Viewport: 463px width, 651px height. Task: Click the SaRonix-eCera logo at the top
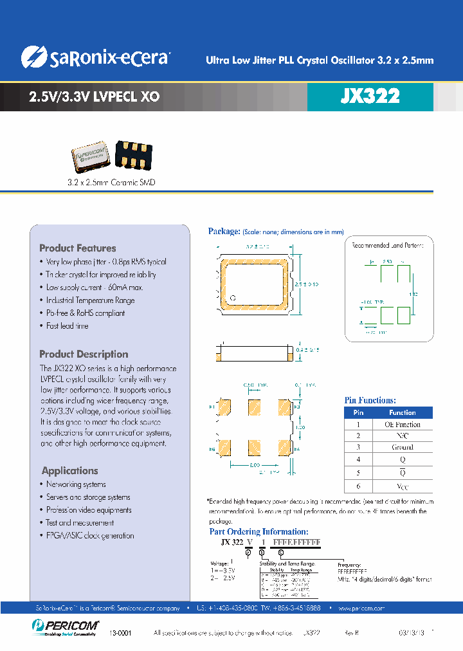(x=95, y=57)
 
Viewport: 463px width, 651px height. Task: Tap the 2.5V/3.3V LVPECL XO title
(x=95, y=97)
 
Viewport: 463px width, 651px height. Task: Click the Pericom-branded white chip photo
(x=91, y=157)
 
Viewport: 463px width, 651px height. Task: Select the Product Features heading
(x=78, y=248)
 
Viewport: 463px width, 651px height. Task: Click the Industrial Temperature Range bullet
(x=90, y=300)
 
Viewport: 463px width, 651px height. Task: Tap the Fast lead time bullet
(x=67, y=326)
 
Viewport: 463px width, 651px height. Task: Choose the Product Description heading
(x=84, y=354)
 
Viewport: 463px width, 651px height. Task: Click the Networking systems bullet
(x=76, y=484)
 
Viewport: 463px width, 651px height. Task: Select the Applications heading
(x=70, y=470)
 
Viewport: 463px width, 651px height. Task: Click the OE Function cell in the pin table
(x=402, y=425)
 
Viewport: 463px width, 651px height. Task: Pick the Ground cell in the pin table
(x=402, y=447)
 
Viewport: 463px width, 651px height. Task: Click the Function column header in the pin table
(x=402, y=412)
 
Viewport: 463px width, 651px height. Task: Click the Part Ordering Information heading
(x=259, y=531)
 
